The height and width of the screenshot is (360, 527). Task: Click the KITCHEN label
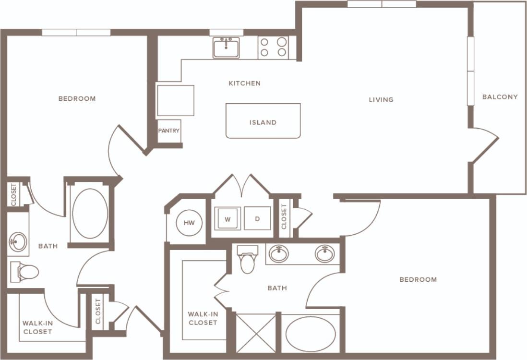(x=244, y=84)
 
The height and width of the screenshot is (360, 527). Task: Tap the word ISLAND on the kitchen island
(x=263, y=122)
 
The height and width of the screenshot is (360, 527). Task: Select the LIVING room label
(x=381, y=100)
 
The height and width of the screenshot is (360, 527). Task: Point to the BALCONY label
(x=500, y=97)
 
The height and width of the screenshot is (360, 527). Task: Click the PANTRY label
(x=169, y=131)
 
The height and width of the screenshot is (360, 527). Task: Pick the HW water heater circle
(x=189, y=223)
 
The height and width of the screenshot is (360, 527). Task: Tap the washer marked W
(x=228, y=219)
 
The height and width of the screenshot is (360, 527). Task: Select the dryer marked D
(x=257, y=219)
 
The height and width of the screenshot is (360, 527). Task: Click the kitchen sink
(x=226, y=48)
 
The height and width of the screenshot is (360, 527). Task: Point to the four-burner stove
(x=273, y=47)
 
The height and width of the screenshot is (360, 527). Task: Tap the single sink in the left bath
(x=18, y=241)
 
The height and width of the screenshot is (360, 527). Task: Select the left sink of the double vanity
(x=278, y=253)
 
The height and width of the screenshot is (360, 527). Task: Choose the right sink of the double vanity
(x=325, y=253)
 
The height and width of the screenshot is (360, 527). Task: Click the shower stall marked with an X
(x=256, y=332)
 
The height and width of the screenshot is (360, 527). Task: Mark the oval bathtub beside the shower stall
(x=311, y=334)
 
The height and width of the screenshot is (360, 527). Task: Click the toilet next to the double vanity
(x=248, y=260)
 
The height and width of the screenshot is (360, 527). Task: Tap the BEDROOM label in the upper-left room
(x=77, y=99)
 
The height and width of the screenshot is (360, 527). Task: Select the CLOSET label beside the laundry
(x=284, y=216)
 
